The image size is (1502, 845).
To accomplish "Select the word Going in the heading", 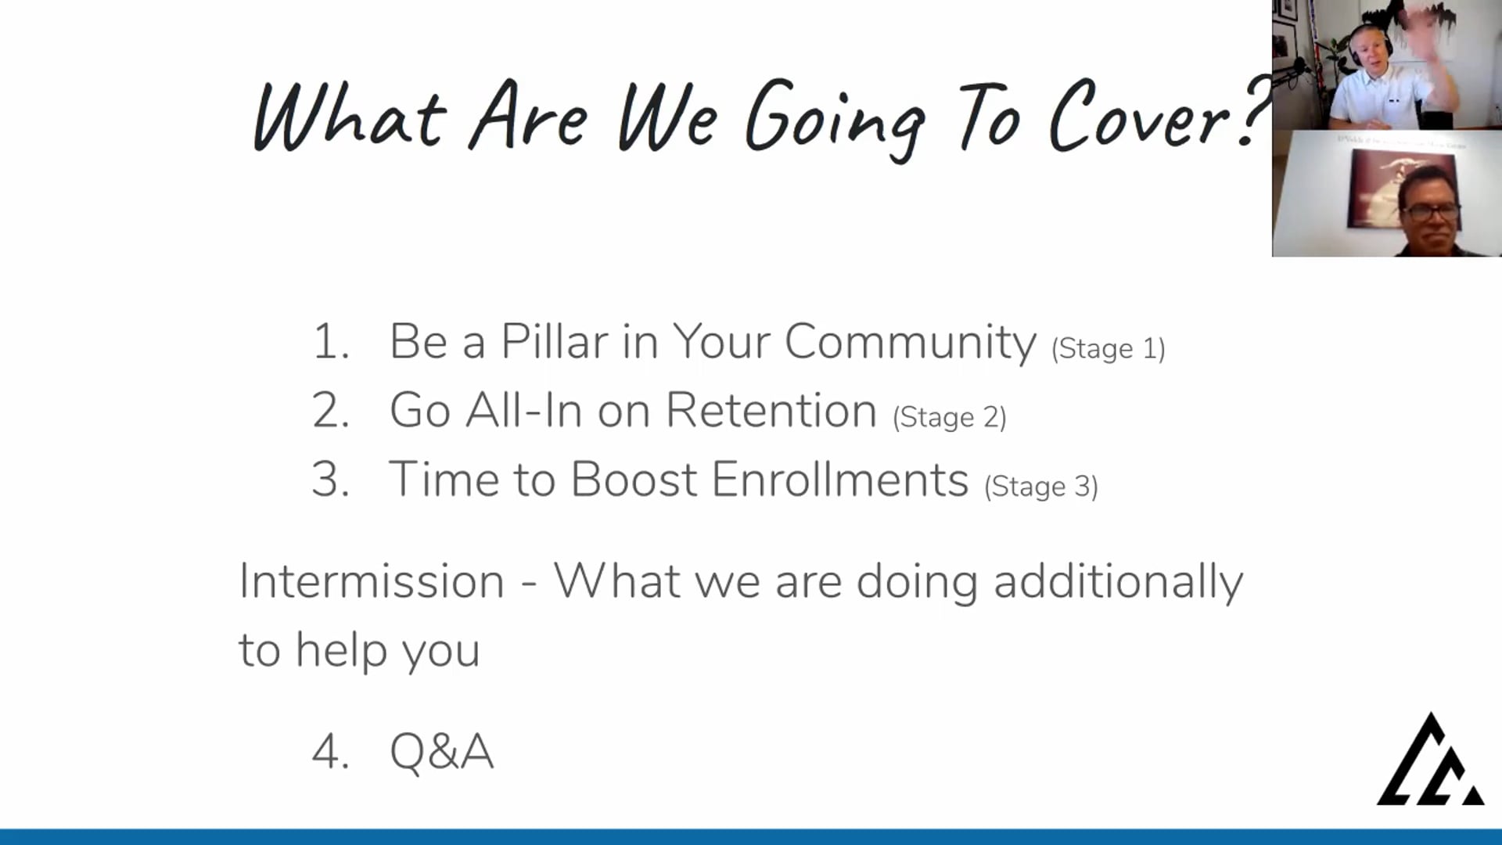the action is tap(835, 119).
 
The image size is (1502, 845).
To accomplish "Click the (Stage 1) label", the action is tap(1109, 349).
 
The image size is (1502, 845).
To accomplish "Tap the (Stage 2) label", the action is tap(950, 418).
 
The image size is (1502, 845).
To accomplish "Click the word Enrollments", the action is tap(840, 479).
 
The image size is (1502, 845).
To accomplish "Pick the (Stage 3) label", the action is tap(1041, 487).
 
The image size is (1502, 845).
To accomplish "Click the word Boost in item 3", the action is tap(634, 479).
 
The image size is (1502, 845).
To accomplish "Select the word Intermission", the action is tap(372, 581).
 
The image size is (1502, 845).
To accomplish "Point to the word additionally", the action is tap(1118, 583).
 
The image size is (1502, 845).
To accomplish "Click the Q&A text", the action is tap(442, 752).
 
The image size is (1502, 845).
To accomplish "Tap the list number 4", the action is tap(330, 752).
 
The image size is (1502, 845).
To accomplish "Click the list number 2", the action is tap(330, 410).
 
